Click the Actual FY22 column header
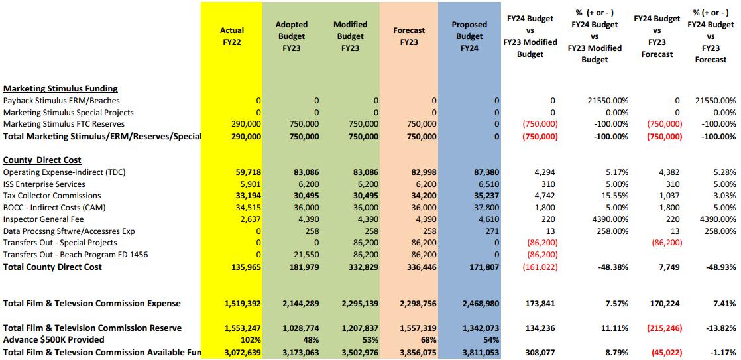click(x=231, y=36)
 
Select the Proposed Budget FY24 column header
click(x=469, y=36)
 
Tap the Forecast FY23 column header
click(x=410, y=36)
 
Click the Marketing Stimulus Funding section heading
click(x=60, y=88)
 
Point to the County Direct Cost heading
click(x=42, y=160)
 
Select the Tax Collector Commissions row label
click(x=52, y=196)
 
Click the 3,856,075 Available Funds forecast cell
click(x=416, y=351)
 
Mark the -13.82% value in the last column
click(x=720, y=328)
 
